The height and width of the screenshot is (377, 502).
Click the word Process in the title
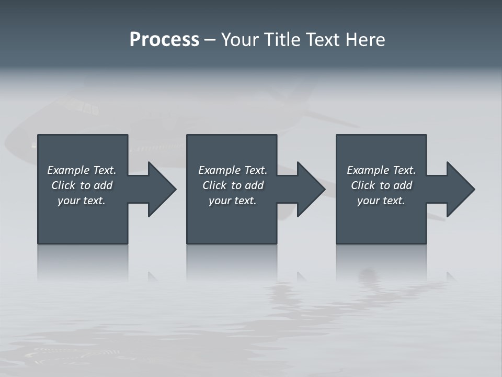point(164,40)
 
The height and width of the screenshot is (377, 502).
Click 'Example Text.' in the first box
point(82,170)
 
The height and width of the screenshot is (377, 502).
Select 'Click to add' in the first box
point(82,185)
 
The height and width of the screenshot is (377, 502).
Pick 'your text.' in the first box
point(82,201)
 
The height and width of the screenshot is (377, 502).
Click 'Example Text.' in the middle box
point(233,170)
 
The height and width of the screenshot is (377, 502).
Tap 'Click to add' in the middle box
point(233,185)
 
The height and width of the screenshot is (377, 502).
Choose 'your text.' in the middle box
point(233,201)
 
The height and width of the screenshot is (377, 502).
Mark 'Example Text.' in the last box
point(381,170)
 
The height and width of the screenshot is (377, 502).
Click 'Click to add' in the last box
point(381,185)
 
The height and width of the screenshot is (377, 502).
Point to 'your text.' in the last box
point(381,201)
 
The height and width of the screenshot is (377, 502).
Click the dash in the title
point(210,40)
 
